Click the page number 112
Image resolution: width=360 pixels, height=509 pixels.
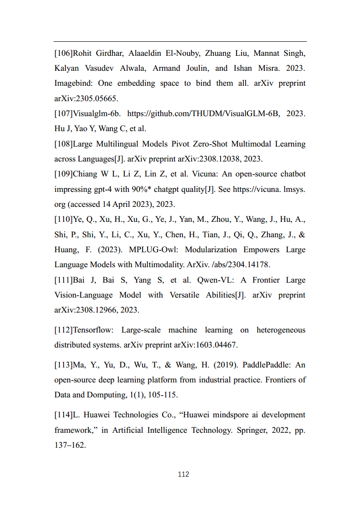pyautogui.click(x=183, y=475)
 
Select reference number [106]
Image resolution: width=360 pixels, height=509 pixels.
pyautogui.click(x=64, y=54)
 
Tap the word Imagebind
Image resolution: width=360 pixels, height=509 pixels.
pyautogui.click(x=73, y=83)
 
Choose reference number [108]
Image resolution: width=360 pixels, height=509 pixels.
pyautogui.click(x=64, y=144)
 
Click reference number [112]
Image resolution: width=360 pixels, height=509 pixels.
pyautogui.click(x=64, y=330)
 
